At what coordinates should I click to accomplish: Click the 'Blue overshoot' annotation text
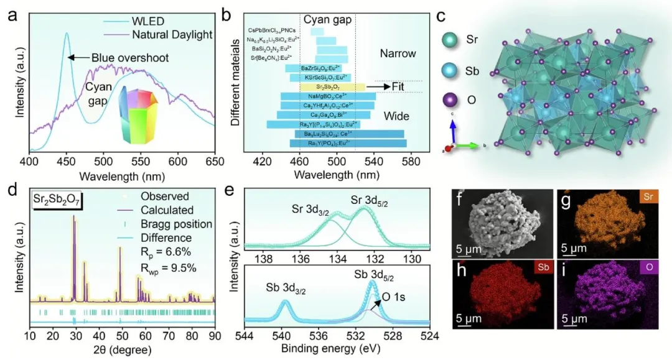tap(130, 58)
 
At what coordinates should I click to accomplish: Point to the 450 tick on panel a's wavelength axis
tap(66, 162)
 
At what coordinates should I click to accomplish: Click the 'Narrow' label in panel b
tap(398, 53)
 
